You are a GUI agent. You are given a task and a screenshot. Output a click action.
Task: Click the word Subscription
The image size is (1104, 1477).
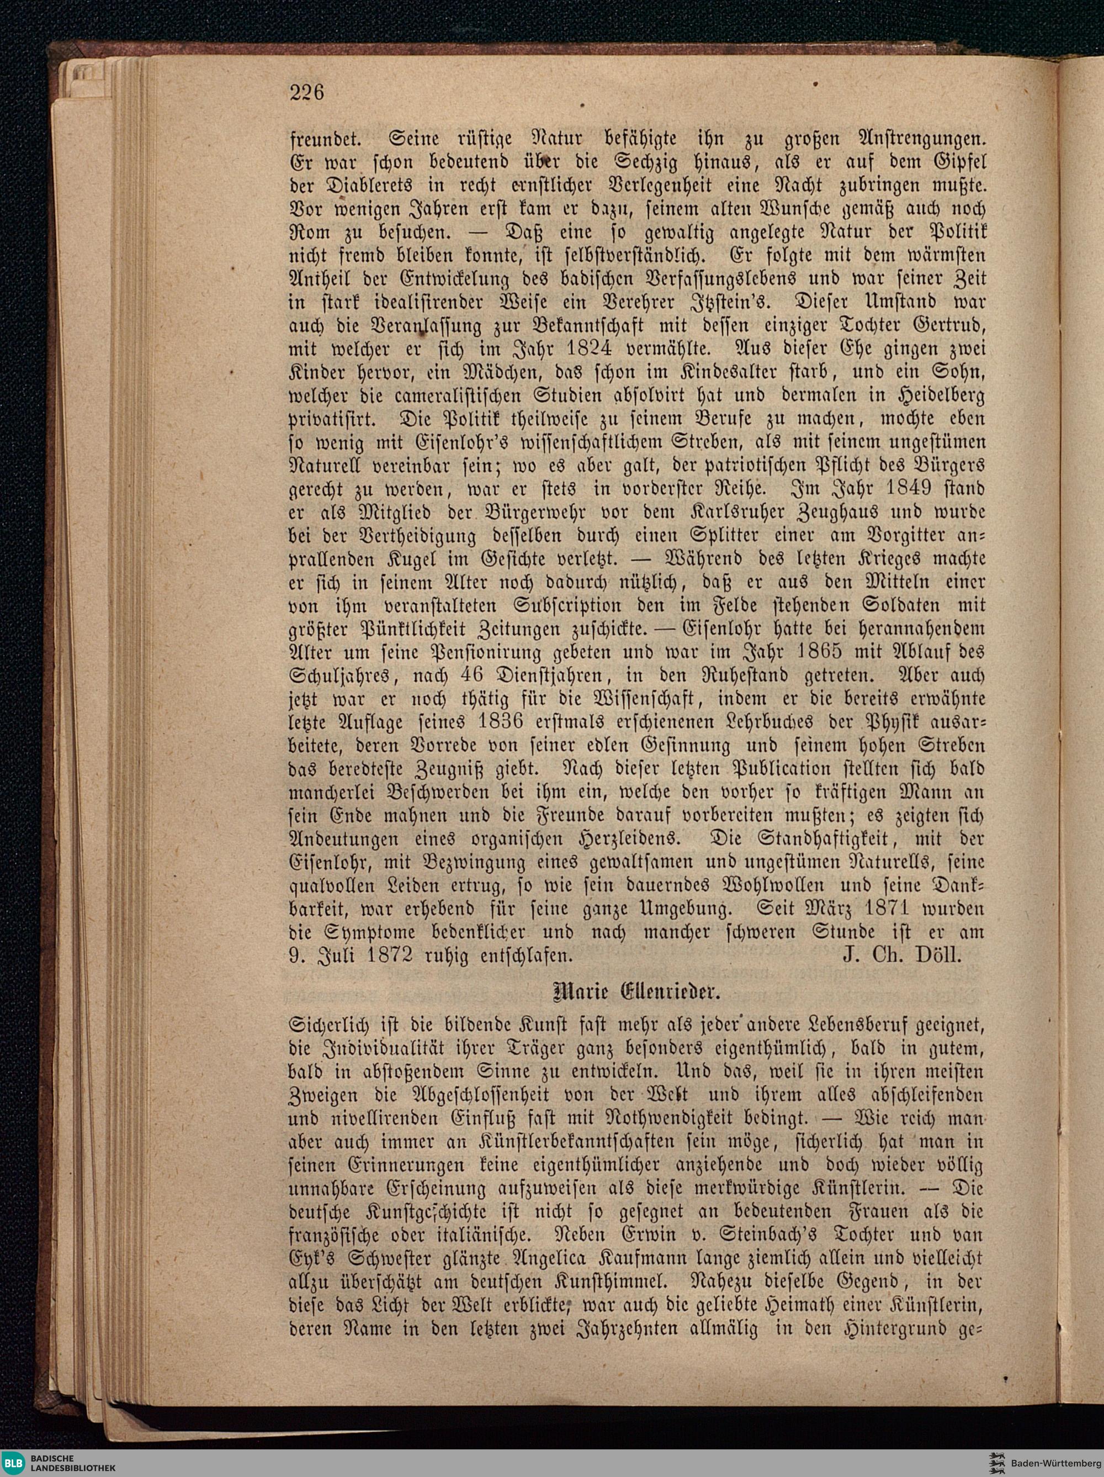click(x=568, y=605)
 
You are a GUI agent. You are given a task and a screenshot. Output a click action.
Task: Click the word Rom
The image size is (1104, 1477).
click(x=310, y=231)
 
